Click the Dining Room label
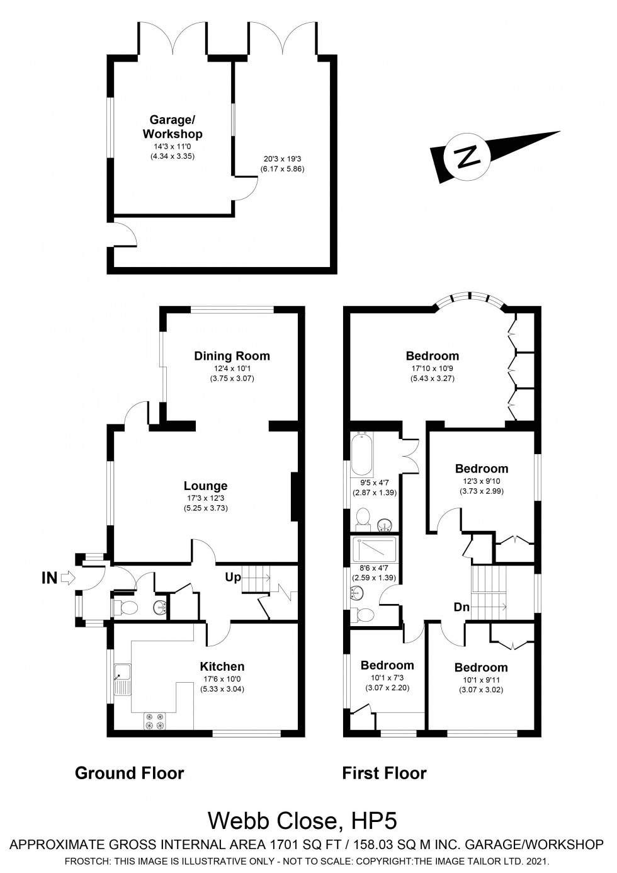[x=232, y=356]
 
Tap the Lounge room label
[x=205, y=486]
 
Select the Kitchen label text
[x=222, y=666]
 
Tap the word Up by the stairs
[x=232, y=577]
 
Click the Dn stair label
[x=463, y=607]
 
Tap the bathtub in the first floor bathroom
[x=362, y=454]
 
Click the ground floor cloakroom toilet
[x=126, y=608]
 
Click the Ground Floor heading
[x=129, y=773]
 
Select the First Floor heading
[x=384, y=773]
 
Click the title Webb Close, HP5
[x=303, y=821]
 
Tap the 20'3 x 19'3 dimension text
[x=282, y=160]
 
